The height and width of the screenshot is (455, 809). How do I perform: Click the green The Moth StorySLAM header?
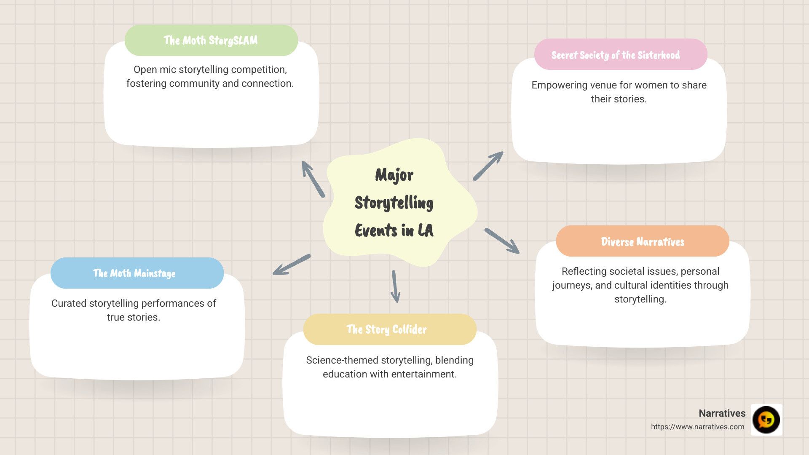point(211,40)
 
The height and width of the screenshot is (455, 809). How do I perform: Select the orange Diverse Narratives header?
point(643,241)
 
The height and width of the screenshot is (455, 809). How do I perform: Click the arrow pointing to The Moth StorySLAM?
point(313,179)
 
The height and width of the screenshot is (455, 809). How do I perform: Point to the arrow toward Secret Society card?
point(488,166)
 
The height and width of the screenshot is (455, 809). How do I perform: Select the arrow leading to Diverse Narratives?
point(502,241)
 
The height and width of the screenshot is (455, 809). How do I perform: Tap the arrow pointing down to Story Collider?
point(395,286)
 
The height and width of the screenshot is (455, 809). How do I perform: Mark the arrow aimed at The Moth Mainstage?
point(292,265)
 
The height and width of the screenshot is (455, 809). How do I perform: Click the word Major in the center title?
point(394,175)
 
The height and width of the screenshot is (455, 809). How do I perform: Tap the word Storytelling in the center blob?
point(394,203)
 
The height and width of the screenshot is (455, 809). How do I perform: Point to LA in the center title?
point(425,230)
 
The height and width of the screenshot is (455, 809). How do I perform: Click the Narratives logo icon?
point(766,420)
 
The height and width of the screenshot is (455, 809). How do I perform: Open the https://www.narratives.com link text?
point(697,427)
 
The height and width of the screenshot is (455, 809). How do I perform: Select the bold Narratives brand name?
point(722,413)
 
